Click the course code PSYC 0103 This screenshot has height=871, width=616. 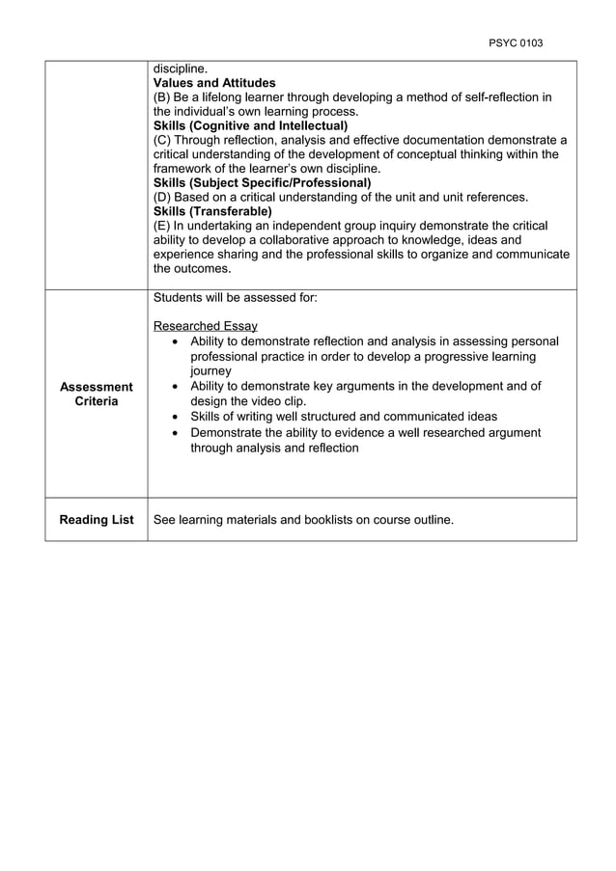516,43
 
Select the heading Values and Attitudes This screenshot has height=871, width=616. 214,83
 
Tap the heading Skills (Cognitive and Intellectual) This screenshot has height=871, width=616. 250,125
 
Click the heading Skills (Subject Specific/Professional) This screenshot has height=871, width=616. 262,182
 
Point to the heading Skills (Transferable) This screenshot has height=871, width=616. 212,211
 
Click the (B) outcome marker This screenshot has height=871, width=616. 163,97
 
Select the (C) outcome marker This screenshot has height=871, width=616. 163,140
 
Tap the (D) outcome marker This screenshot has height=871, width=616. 163,197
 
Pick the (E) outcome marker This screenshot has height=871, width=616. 162,226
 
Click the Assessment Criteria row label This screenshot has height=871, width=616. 96,394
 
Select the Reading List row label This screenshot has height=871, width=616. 96,520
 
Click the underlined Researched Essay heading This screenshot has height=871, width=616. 205,327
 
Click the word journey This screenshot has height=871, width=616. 210,371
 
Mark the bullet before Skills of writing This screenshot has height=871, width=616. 174,417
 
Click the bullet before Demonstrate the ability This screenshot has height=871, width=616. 174,433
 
